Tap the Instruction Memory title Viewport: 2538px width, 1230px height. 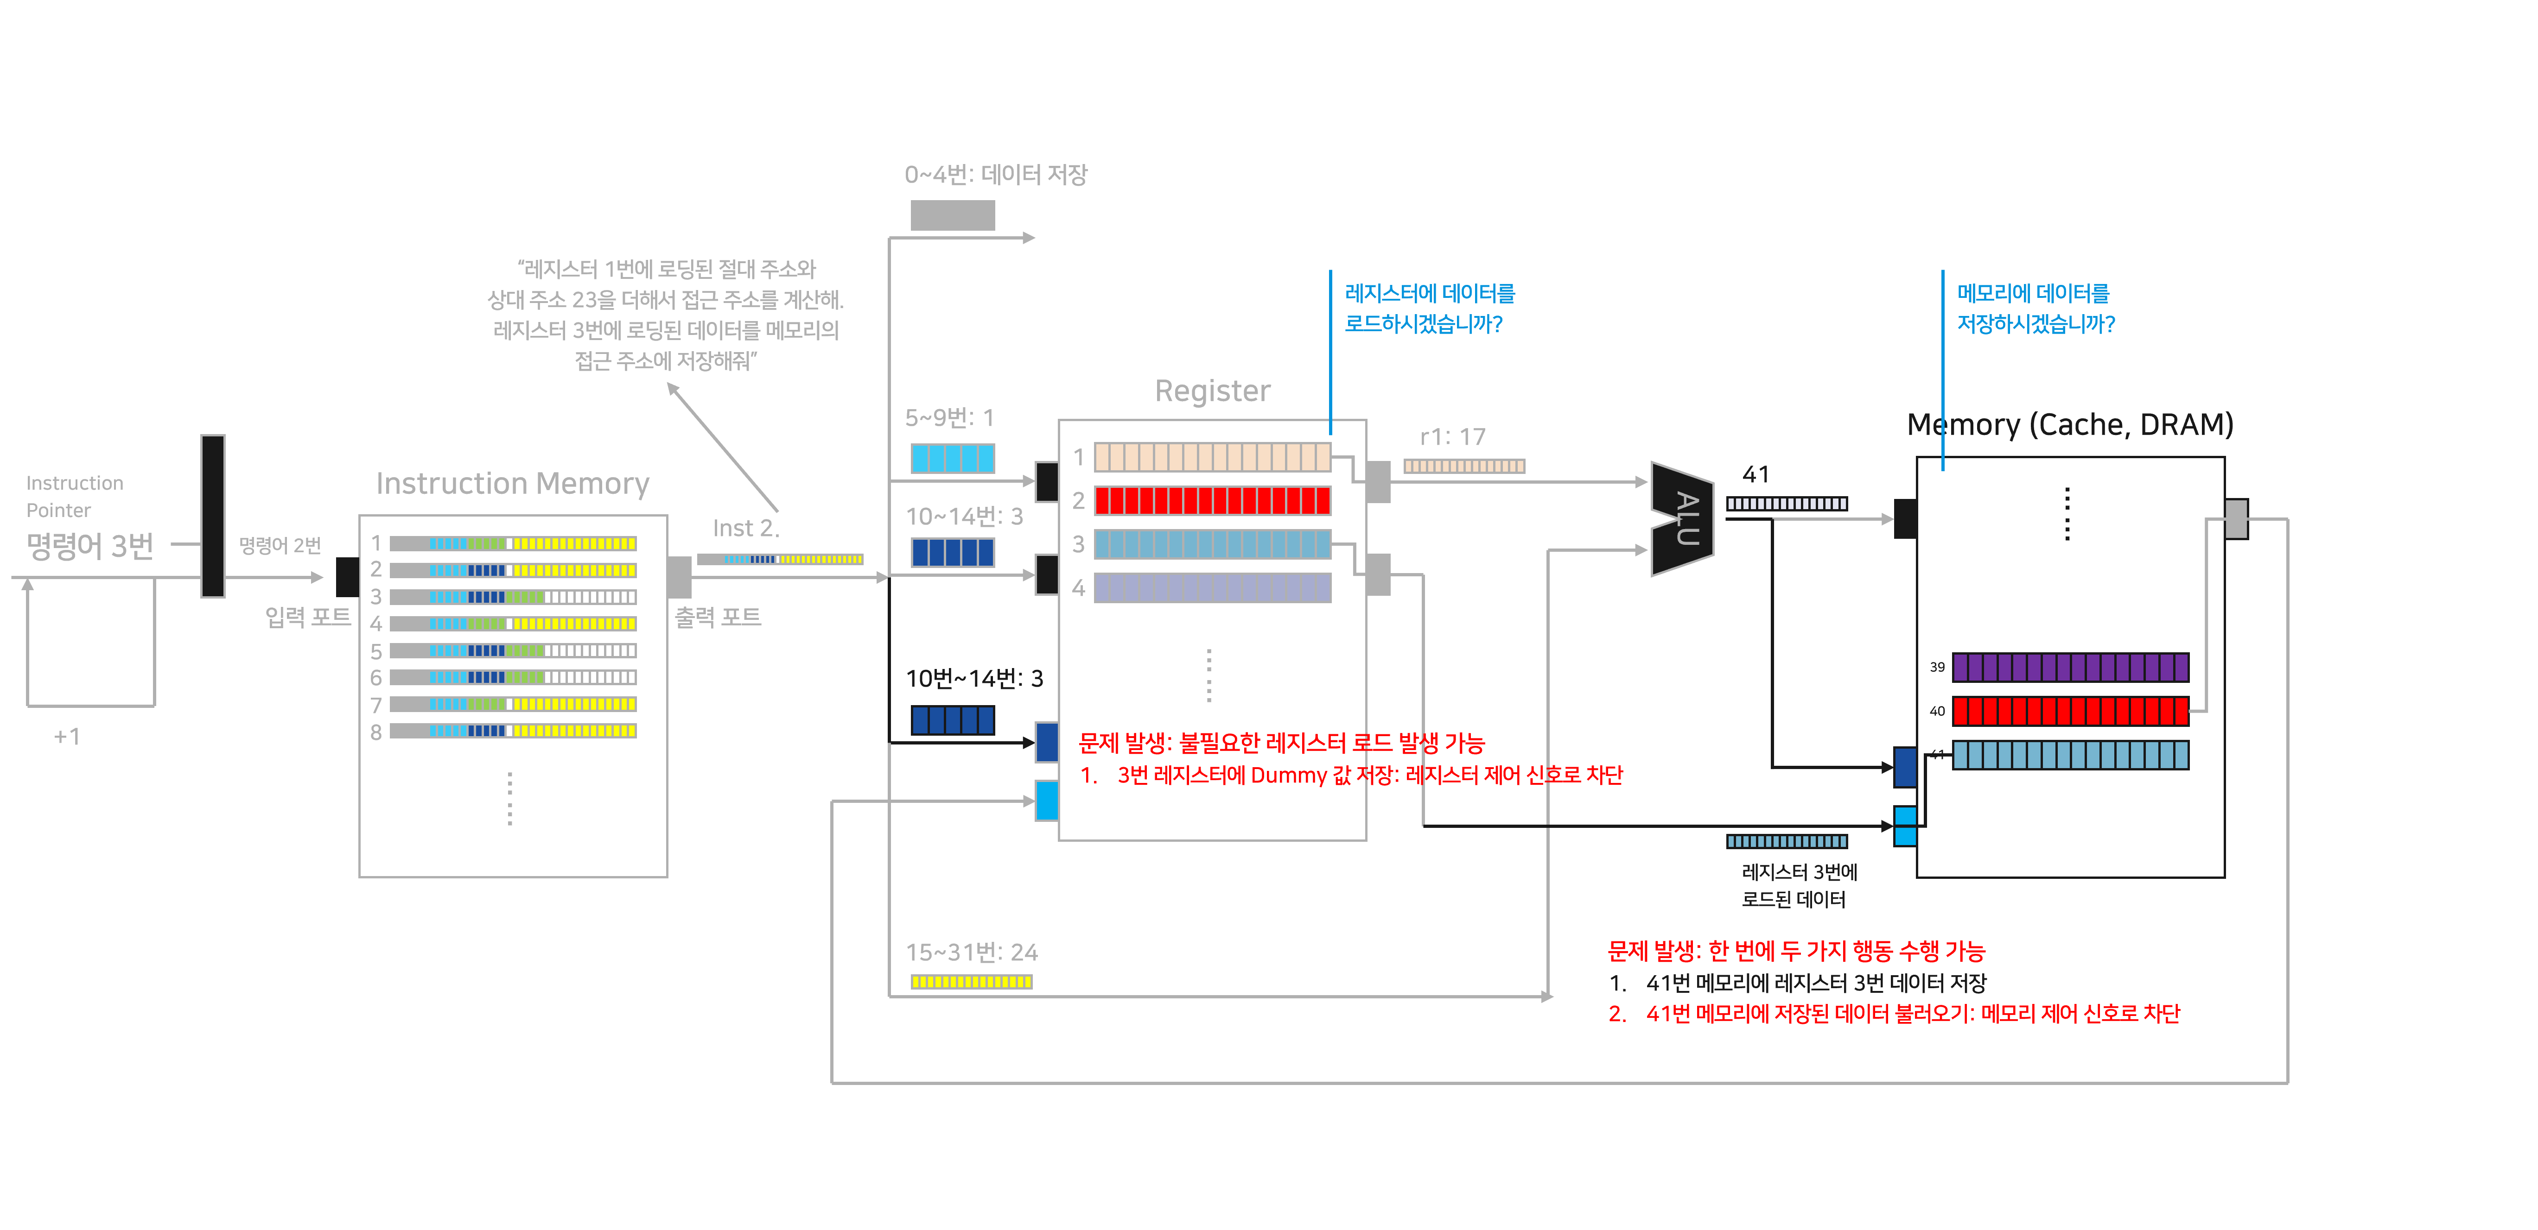512,484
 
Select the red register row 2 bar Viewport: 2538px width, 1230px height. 1212,500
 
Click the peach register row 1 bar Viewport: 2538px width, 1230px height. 1212,457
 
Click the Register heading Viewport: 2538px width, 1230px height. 1212,391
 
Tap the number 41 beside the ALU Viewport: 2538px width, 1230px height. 1756,475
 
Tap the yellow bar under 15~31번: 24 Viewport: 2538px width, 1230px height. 971,982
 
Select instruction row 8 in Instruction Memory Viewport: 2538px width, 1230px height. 512,731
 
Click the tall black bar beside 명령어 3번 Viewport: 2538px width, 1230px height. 213,516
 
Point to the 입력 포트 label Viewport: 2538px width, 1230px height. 307,617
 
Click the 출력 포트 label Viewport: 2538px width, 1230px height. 717,617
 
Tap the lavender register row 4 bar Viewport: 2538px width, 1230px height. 1212,588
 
